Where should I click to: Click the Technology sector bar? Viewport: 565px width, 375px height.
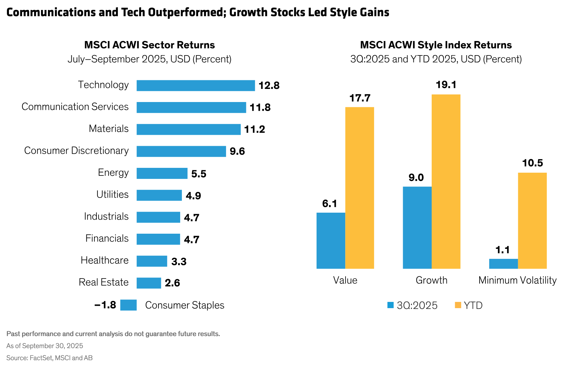(x=195, y=85)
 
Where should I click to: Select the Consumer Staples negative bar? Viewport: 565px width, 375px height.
(x=129, y=305)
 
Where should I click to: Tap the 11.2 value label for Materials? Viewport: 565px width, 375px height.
(x=255, y=129)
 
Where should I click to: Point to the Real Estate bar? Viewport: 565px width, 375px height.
(x=149, y=283)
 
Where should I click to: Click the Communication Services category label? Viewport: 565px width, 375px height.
(x=75, y=107)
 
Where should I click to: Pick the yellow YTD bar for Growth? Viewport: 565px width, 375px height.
(x=446, y=181)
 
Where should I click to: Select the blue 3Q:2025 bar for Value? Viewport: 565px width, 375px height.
(x=331, y=241)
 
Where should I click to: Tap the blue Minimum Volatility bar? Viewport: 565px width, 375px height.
(x=503, y=264)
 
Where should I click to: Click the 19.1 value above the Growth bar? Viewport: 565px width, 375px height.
(x=446, y=85)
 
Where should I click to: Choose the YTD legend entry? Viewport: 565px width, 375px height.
(x=469, y=305)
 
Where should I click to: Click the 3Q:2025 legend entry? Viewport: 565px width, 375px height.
(x=413, y=305)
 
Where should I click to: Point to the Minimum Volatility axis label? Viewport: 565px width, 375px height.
(x=517, y=280)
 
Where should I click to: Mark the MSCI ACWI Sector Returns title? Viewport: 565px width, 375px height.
(x=150, y=45)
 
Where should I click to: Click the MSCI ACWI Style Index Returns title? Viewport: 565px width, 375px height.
(x=436, y=45)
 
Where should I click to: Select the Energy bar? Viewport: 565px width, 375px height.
(x=162, y=173)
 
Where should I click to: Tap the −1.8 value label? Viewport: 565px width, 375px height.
(x=105, y=305)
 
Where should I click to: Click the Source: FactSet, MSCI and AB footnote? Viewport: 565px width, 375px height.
(x=50, y=358)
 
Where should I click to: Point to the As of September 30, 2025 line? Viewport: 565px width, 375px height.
(x=45, y=346)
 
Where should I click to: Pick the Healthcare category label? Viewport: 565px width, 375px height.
(x=104, y=260)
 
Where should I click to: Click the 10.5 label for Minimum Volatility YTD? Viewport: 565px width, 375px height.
(x=532, y=163)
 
